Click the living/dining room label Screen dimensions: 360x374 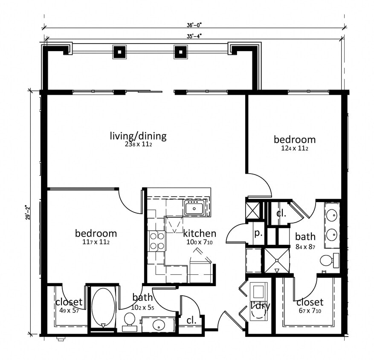point(138,136)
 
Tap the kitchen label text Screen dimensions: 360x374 point(199,233)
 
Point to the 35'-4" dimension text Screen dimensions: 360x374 point(194,36)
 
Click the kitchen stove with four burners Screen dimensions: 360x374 point(157,241)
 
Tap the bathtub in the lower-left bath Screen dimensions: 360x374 point(103,307)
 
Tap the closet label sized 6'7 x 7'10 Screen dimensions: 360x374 point(310,302)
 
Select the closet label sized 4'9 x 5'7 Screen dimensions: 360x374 point(69,302)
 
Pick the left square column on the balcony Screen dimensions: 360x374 point(119,52)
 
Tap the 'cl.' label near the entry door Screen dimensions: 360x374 point(191,320)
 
